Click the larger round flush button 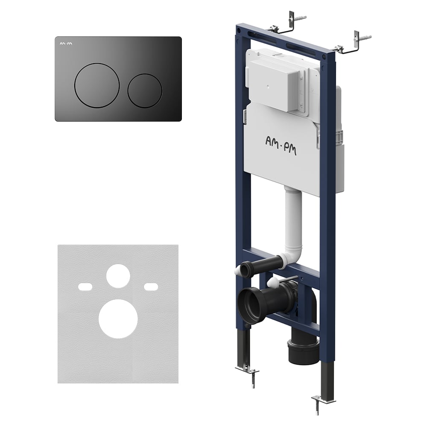tap(97, 85)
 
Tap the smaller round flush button tap(145, 91)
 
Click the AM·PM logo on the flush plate tap(66, 43)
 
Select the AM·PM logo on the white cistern tap(281, 146)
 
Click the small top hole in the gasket tap(118, 276)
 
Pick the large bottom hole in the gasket tap(118, 319)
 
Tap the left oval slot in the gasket tap(85, 287)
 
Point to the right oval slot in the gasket tap(151, 287)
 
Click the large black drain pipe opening tap(249, 305)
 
